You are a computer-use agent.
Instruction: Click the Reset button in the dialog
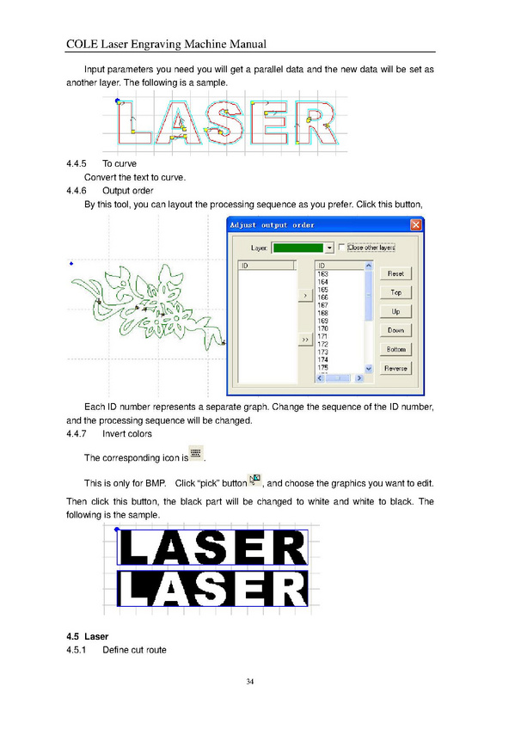(x=395, y=274)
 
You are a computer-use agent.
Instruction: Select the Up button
(x=395, y=311)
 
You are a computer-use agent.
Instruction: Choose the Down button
(x=395, y=331)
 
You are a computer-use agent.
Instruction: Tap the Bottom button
(x=395, y=350)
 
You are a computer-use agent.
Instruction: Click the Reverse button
(x=395, y=369)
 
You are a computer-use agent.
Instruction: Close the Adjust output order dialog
(x=415, y=225)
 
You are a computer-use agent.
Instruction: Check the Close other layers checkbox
(x=341, y=248)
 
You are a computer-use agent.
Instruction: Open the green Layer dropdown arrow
(x=329, y=248)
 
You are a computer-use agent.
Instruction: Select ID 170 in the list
(x=322, y=328)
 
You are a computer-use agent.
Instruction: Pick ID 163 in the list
(x=322, y=274)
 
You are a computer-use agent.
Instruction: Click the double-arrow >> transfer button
(x=305, y=340)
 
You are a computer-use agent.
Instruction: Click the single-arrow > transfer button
(x=305, y=295)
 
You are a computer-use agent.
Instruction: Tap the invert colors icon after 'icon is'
(x=196, y=453)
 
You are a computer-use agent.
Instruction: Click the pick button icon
(x=254, y=480)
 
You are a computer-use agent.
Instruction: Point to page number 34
(x=250, y=682)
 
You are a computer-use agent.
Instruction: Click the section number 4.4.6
(x=77, y=191)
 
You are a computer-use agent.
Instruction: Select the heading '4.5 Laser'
(x=88, y=636)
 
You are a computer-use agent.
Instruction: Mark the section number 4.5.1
(x=77, y=650)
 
